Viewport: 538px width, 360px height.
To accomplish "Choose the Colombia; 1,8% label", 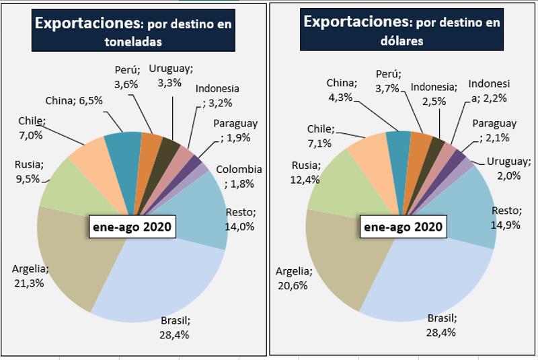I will pos(239,176).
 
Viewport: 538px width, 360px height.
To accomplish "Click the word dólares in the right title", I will pos(401,42).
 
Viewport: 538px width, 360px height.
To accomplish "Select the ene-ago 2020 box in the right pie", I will pos(402,227).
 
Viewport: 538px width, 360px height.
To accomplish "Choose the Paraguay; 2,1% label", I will pos(494,131).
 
